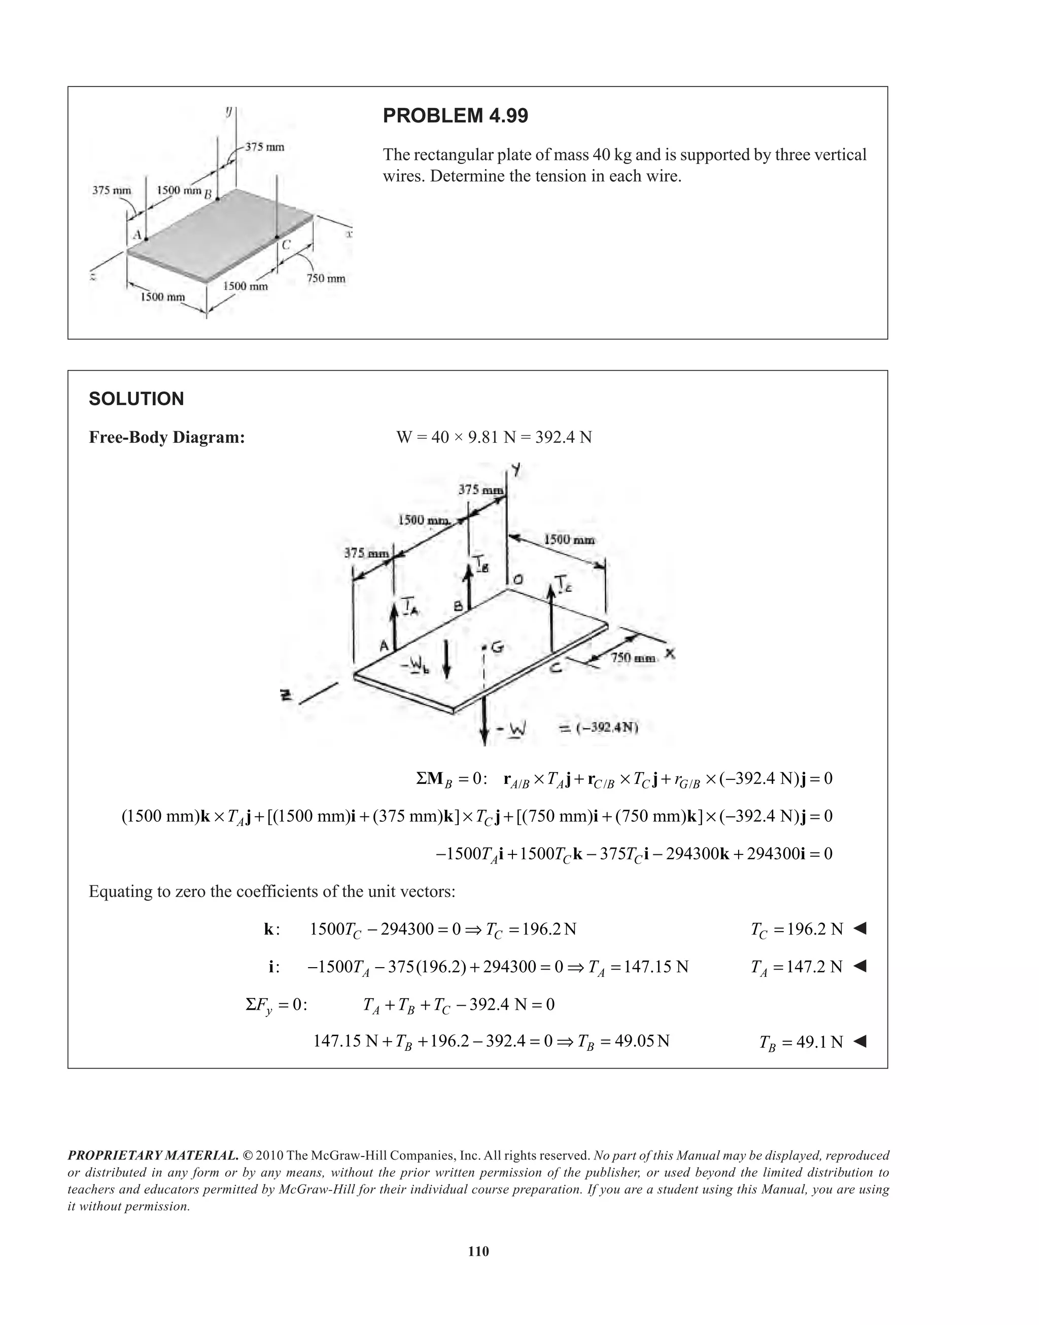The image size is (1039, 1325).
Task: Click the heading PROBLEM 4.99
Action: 455,116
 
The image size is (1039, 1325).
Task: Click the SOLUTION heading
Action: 136,399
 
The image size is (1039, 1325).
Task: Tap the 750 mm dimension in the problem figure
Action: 326,279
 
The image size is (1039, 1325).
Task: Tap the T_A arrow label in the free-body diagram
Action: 408,607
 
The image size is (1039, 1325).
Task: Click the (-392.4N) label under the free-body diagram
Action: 599,727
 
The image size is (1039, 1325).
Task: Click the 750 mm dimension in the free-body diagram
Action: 633,658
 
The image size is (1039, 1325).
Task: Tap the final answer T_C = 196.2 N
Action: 797,930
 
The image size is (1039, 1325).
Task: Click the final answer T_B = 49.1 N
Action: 801,1043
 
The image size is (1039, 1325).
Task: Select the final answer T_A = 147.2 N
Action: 797,967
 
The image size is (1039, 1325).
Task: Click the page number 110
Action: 479,1251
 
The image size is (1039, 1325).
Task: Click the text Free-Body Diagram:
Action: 167,438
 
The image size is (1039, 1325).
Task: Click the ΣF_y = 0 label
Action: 276,1005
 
